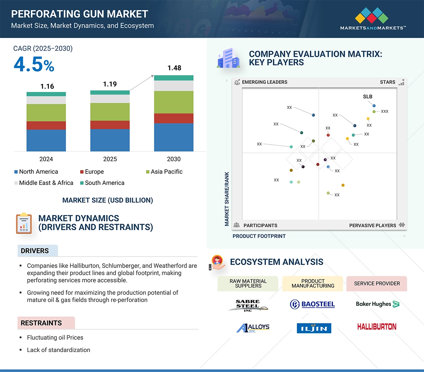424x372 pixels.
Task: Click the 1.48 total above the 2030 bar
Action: [174, 68]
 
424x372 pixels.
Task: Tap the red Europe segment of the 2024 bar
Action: [46, 125]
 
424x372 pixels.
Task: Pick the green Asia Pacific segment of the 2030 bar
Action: [174, 102]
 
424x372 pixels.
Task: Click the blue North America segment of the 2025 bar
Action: [110, 140]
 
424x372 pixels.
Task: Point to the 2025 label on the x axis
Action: [110, 159]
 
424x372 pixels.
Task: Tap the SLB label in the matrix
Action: [367, 97]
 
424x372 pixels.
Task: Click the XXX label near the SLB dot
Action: [384, 111]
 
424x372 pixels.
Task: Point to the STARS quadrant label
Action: [387, 82]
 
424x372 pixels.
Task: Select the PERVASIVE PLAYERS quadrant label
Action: [373, 226]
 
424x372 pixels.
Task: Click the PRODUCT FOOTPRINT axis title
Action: [259, 236]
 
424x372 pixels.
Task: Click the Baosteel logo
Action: [312, 305]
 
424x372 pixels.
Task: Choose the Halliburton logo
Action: [377, 327]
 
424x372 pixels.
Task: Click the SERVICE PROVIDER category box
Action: [377, 284]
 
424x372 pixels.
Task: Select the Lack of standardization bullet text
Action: [58, 350]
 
